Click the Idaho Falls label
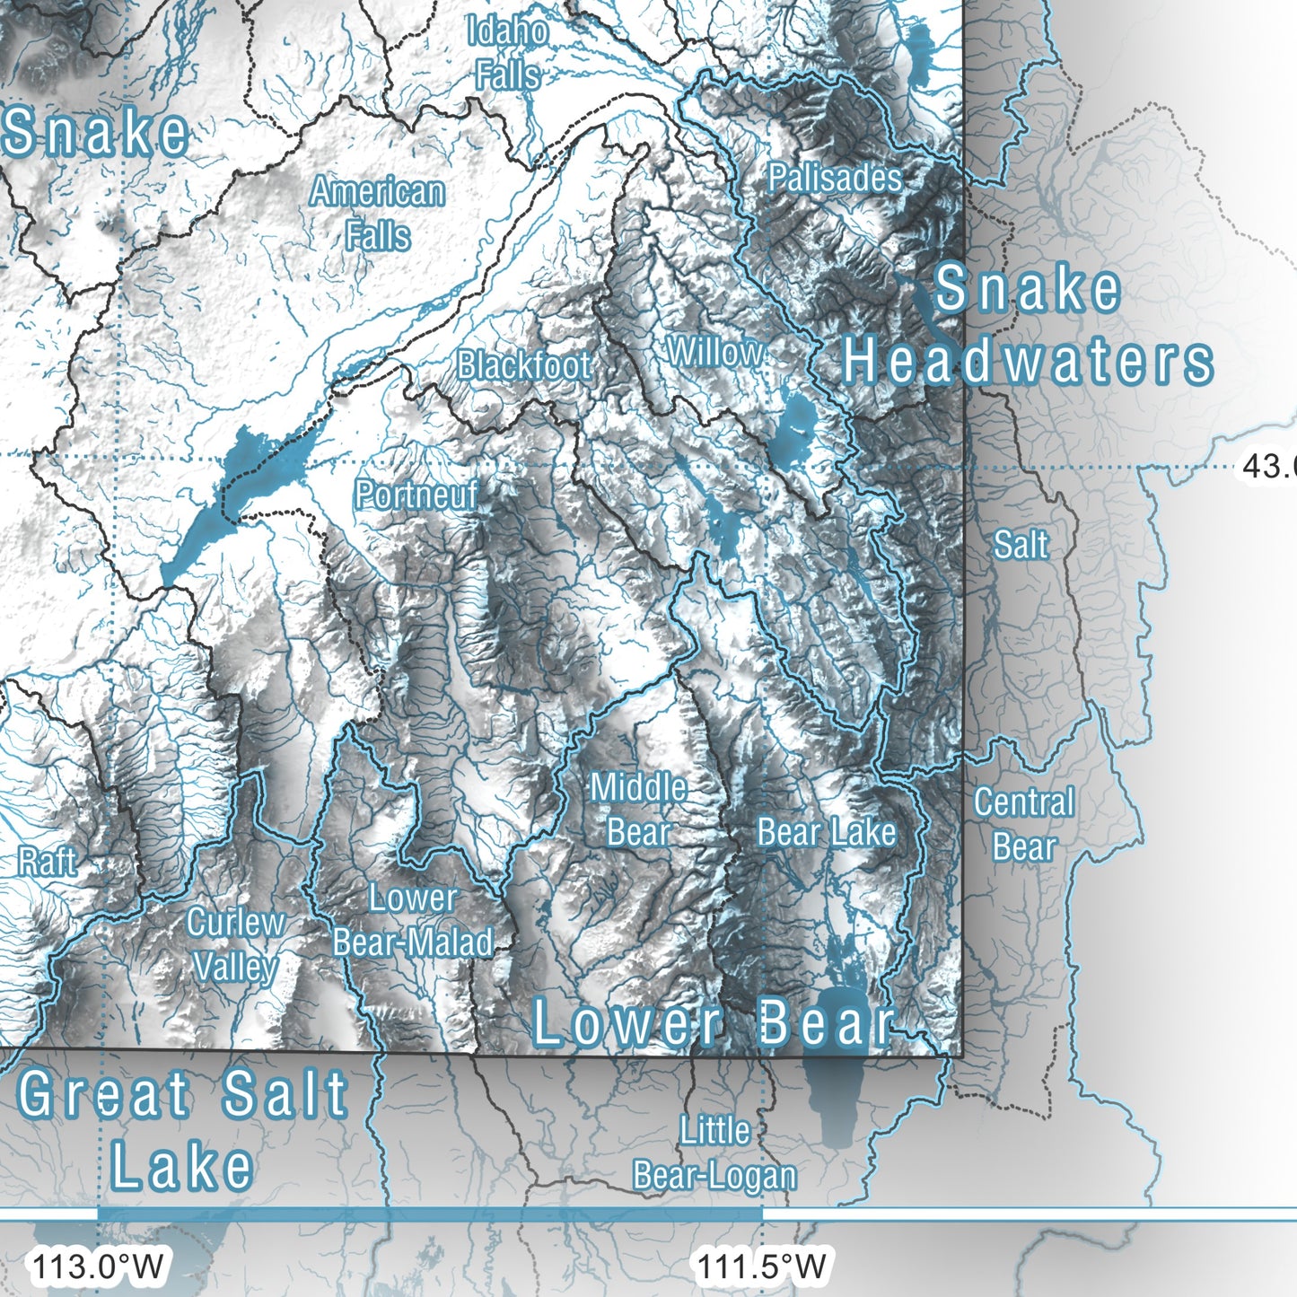pyautogui.click(x=507, y=54)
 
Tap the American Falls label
pyautogui.click(x=378, y=214)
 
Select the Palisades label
pyautogui.click(x=835, y=178)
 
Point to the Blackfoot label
pyautogui.click(x=523, y=365)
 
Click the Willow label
pyautogui.click(x=715, y=353)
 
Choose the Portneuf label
pyautogui.click(x=416, y=495)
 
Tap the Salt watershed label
pyautogui.click(x=1021, y=545)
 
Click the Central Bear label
pyautogui.click(x=1024, y=824)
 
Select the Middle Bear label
pyautogui.click(x=638, y=810)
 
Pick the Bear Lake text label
pyautogui.click(x=826, y=832)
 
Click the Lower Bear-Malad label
pyautogui.click(x=413, y=920)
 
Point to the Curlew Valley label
pyautogui.click(x=235, y=944)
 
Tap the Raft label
pyautogui.click(x=47, y=863)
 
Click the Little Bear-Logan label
pyautogui.click(x=714, y=1153)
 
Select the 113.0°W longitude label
pyautogui.click(x=98, y=1266)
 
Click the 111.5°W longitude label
pyautogui.click(x=762, y=1266)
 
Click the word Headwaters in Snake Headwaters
pyautogui.click(x=1028, y=362)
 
